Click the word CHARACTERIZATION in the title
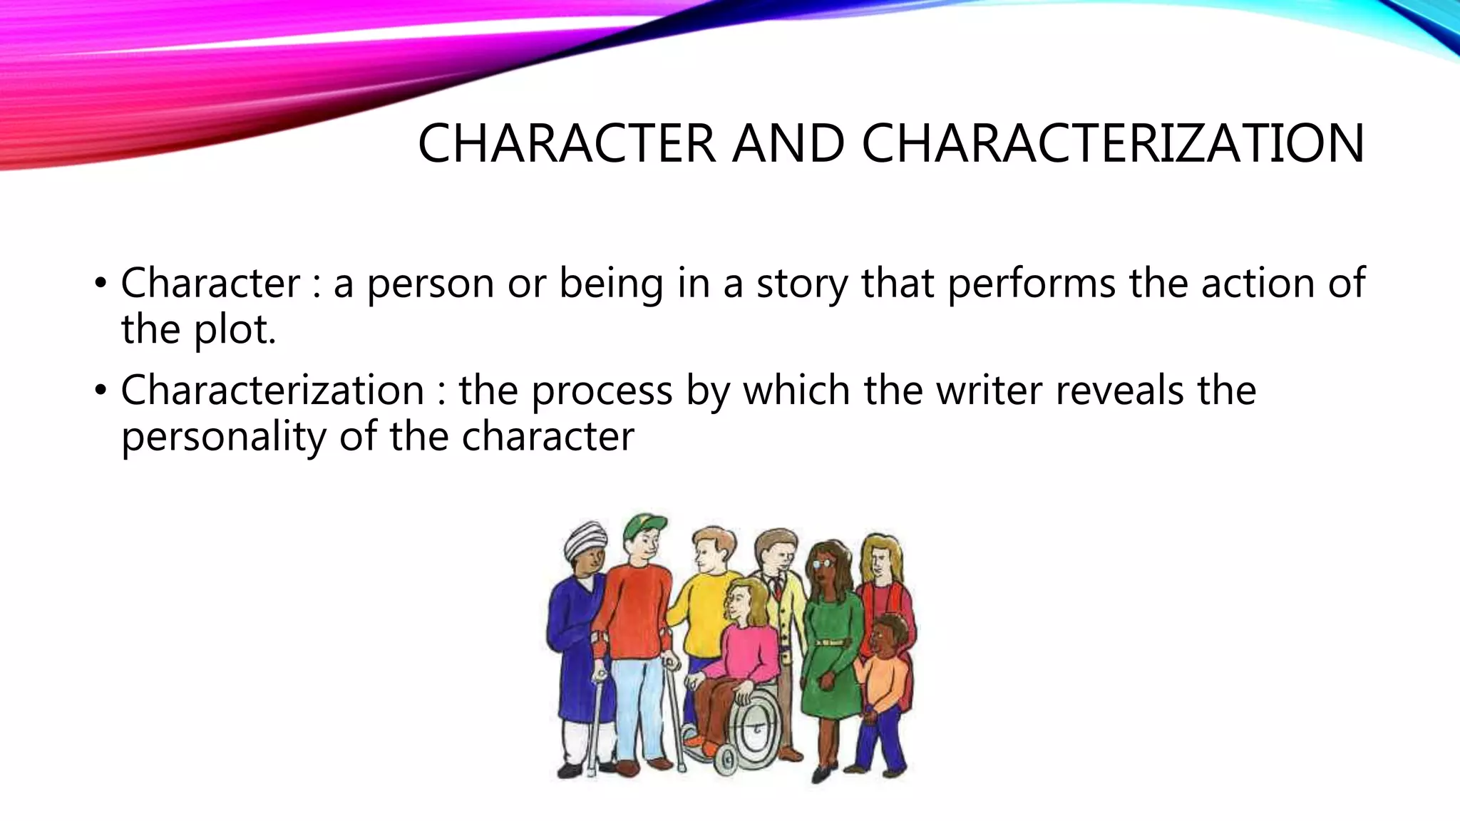(x=1113, y=144)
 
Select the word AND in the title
(x=788, y=144)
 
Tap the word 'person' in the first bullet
(x=431, y=284)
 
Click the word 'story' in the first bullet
(x=801, y=284)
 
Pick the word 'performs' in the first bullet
(x=1032, y=284)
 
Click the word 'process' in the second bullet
(x=602, y=391)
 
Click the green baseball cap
(x=644, y=527)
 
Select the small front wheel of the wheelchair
(x=724, y=763)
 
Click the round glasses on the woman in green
(x=822, y=562)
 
